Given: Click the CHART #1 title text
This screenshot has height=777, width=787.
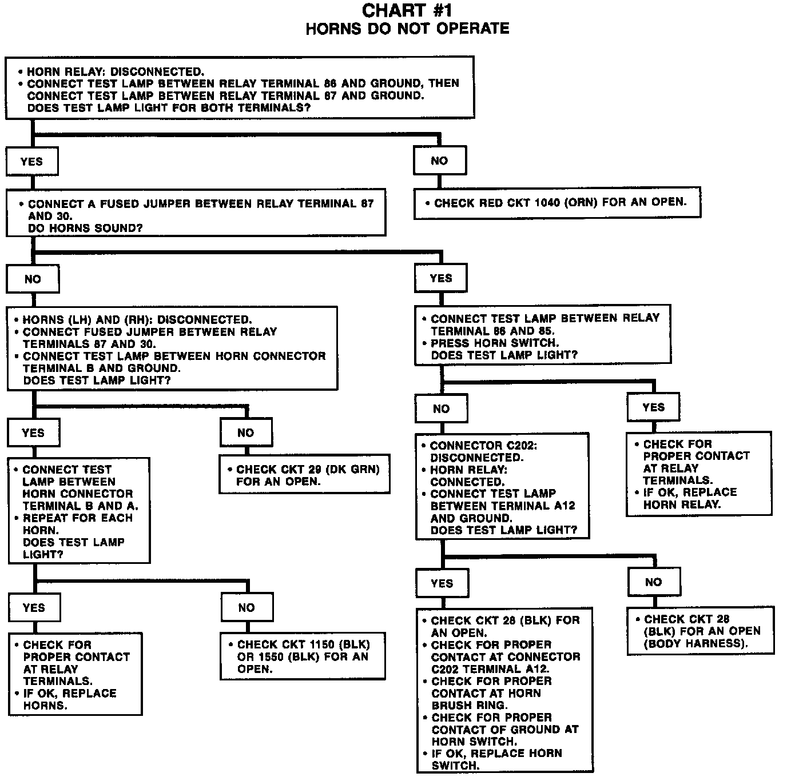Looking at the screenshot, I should point(407,10).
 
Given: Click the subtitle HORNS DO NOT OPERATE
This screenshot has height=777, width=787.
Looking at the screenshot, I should point(407,29).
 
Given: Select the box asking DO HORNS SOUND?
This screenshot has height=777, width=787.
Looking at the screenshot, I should point(196,213).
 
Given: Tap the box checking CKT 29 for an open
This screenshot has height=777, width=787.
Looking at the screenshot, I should point(304,474).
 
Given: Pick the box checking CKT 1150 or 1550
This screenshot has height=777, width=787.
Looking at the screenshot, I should point(303,656).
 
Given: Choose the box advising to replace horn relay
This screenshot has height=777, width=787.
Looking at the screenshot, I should point(698,474).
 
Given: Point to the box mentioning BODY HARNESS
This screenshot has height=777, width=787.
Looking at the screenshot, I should point(701,631).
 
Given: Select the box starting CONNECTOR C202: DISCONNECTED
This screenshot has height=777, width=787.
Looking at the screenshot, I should point(502,487).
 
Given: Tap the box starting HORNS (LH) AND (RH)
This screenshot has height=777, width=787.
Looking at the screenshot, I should point(172,349).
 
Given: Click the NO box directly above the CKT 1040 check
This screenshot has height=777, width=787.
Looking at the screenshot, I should point(439,161).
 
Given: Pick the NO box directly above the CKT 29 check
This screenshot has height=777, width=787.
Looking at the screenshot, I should point(246,433).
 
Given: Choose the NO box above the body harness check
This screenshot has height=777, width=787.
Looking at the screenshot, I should point(654,582).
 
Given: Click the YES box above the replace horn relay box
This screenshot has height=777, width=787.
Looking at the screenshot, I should point(653,407).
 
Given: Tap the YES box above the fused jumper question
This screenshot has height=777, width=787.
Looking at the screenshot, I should point(32,162).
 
